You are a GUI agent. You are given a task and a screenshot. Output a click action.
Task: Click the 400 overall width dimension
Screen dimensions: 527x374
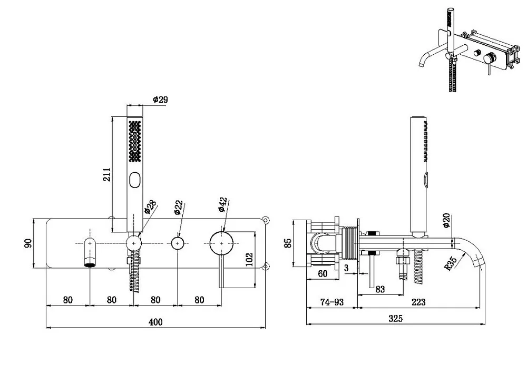click(x=155, y=322)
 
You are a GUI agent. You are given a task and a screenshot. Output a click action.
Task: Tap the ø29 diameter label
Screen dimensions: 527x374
click(x=160, y=100)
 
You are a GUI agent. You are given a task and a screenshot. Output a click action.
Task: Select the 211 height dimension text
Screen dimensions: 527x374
click(x=106, y=175)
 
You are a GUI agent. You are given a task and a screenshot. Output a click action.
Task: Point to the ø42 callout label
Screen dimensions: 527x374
click(x=223, y=204)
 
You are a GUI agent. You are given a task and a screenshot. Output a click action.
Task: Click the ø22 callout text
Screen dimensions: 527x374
click(x=179, y=208)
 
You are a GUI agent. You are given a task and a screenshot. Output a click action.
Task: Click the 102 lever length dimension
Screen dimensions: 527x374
click(x=249, y=259)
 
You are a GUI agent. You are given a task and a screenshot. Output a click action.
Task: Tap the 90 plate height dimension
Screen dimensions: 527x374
click(x=28, y=243)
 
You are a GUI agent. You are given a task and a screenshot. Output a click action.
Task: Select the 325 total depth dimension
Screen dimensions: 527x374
click(x=395, y=318)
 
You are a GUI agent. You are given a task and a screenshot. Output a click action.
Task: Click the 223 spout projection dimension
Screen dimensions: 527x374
click(x=418, y=302)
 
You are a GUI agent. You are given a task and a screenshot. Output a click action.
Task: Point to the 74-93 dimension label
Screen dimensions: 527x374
click(x=332, y=302)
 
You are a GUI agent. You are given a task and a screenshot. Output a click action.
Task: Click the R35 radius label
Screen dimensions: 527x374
click(x=451, y=263)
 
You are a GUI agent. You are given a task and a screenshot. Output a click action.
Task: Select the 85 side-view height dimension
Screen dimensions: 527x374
click(x=288, y=243)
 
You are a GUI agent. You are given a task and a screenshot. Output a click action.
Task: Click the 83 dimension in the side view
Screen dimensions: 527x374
click(x=380, y=289)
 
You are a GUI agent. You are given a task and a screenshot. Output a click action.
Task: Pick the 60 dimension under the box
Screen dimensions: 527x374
click(x=323, y=274)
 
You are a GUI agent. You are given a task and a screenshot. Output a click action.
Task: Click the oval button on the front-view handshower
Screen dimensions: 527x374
click(x=135, y=180)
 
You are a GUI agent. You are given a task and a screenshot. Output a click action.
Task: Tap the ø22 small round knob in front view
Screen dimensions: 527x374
click(x=178, y=243)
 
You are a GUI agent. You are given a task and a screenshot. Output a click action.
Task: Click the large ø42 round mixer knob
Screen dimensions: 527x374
click(x=221, y=243)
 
